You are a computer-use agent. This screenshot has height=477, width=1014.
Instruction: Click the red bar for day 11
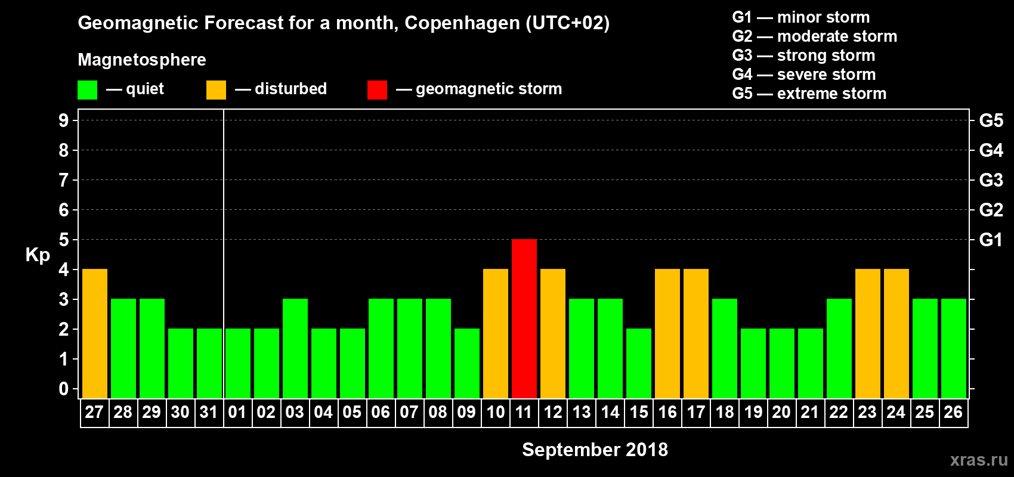(524, 318)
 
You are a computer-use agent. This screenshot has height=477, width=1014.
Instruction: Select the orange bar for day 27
(95, 333)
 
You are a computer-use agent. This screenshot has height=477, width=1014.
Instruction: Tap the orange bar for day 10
(496, 333)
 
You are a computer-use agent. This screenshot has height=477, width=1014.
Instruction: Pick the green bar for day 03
(295, 348)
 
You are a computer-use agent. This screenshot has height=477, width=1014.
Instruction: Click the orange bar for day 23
(868, 333)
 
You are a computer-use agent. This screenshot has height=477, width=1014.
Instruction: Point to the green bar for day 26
(954, 348)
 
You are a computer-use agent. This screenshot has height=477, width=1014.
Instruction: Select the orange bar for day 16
(667, 333)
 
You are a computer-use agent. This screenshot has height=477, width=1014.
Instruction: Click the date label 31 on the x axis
(209, 412)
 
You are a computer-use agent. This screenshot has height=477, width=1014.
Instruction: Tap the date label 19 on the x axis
(753, 412)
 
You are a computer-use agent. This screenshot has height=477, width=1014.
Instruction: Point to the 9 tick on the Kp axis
(64, 120)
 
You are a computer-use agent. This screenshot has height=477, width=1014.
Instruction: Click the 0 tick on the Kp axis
(64, 389)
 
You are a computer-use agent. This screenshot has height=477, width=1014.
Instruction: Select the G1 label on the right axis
(991, 240)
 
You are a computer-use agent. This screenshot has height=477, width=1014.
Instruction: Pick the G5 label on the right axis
(991, 120)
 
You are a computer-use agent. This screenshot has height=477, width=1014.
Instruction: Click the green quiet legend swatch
(88, 90)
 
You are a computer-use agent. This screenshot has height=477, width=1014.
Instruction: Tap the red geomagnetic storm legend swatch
(377, 90)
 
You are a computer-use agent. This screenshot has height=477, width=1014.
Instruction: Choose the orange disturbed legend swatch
(216, 90)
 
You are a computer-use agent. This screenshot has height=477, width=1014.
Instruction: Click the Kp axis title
(38, 255)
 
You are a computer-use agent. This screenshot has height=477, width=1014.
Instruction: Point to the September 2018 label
(595, 450)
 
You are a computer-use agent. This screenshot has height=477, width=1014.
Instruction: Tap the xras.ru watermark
(979, 459)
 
